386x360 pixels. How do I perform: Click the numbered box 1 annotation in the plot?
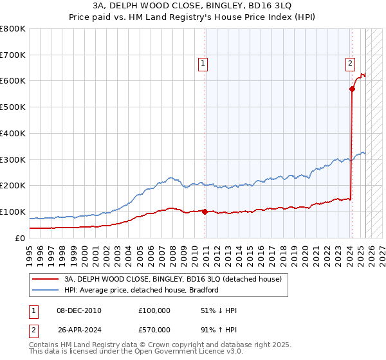pyautogui.click(x=203, y=63)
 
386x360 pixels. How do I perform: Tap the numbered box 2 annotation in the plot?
pyautogui.click(x=350, y=63)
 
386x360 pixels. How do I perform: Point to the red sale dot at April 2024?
pyautogui.click(x=353, y=89)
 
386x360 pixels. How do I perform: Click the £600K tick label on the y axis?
pyautogui.click(x=13, y=81)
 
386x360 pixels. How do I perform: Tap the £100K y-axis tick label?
pyautogui.click(x=13, y=212)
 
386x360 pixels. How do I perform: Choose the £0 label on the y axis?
pyautogui.click(x=20, y=238)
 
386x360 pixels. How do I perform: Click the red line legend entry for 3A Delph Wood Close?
pyautogui.click(x=172, y=279)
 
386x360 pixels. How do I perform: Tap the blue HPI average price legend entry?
pyautogui.click(x=141, y=290)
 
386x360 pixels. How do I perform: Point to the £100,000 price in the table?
pyautogui.click(x=154, y=310)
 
